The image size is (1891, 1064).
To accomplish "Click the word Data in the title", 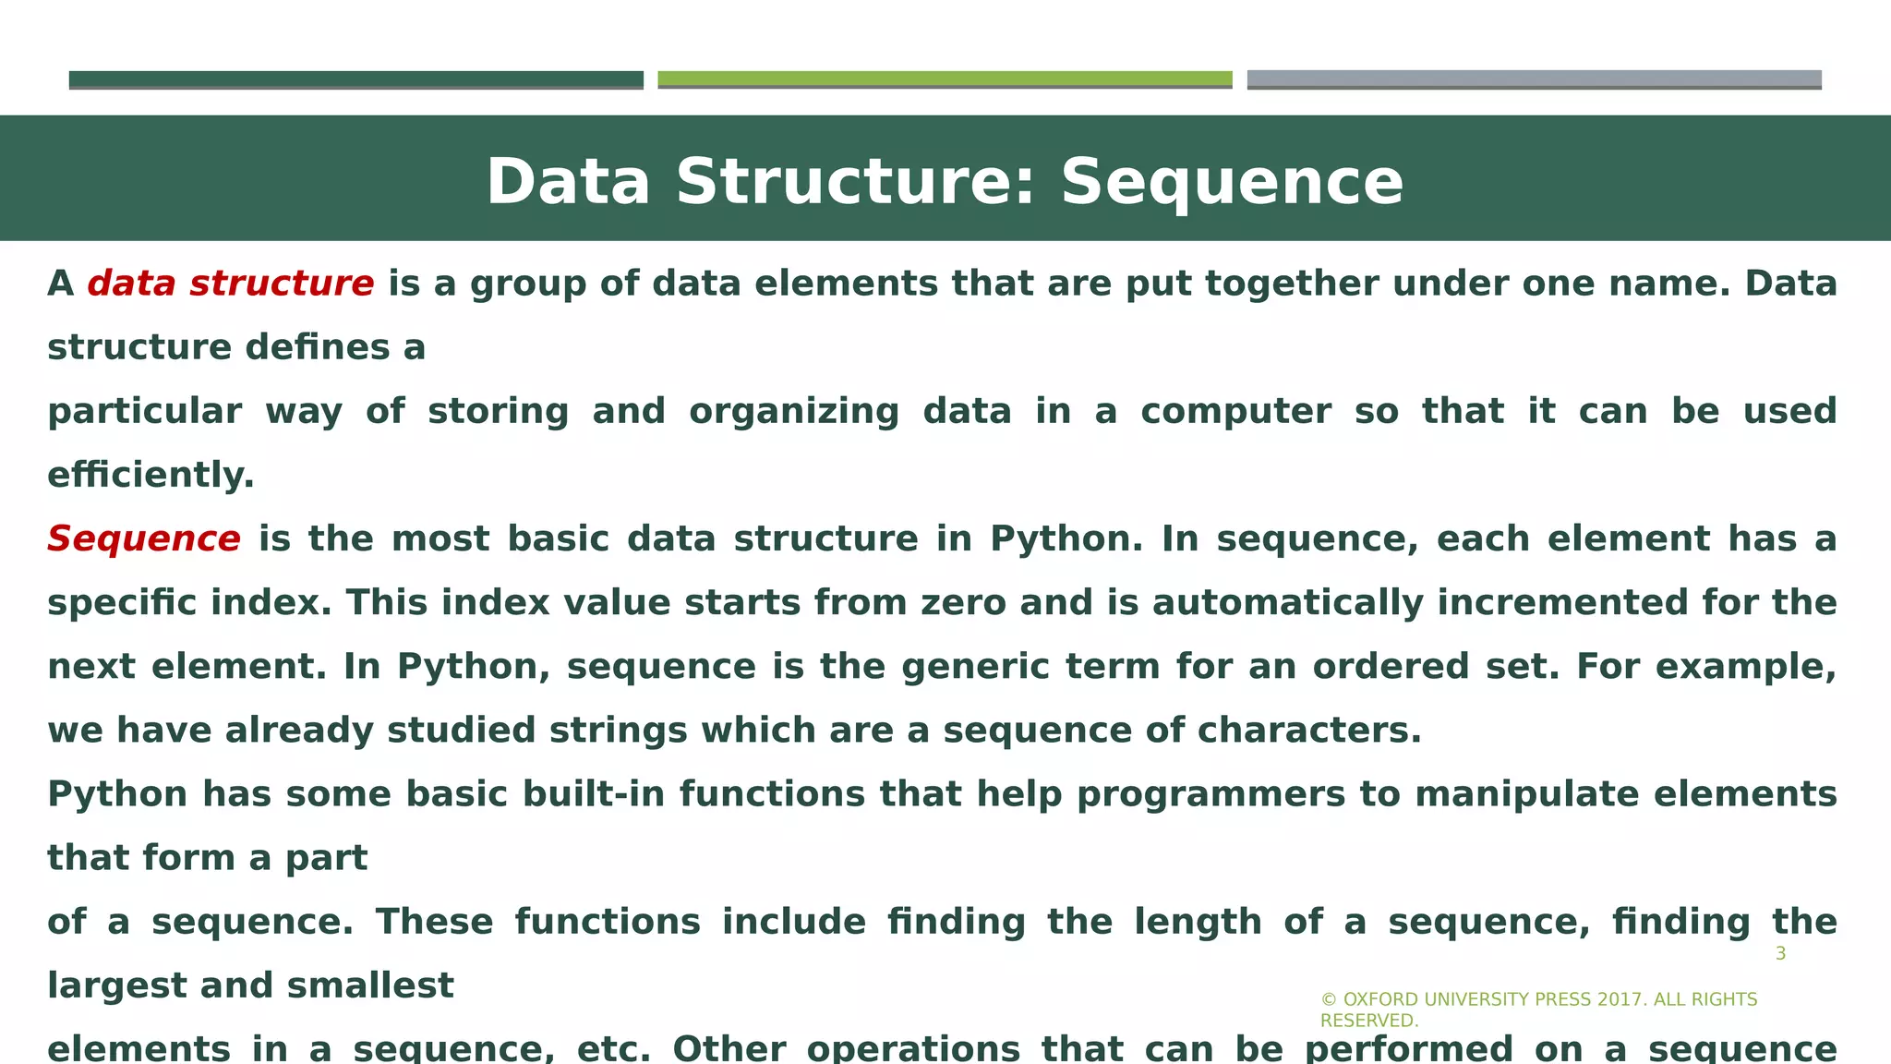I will (x=568, y=182).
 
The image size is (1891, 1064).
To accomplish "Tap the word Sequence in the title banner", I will (x=1232, y=182).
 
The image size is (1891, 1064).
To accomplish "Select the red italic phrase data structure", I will (x=231, y=284).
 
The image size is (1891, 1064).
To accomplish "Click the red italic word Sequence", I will (x=144, y=538).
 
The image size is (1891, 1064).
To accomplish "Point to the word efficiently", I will (x=151, y=476).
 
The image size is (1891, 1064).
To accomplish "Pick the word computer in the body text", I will (x=1235, y=412).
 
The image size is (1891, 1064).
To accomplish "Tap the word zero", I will (x=963, y=603).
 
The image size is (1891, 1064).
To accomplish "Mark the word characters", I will (x=1309, y=731).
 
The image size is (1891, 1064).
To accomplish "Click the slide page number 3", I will (x=1780, y=954).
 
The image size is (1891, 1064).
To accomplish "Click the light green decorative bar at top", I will (x=945, y=79).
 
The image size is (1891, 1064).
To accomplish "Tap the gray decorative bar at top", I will (x=1534, y=79).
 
